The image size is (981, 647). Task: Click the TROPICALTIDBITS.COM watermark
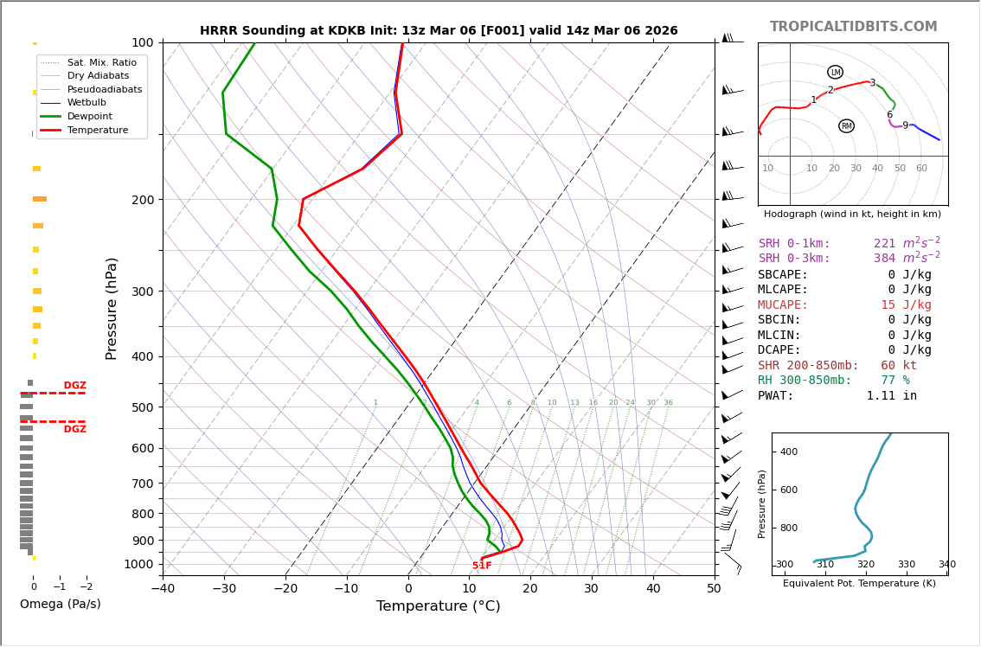853,27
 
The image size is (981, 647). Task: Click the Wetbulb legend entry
86,103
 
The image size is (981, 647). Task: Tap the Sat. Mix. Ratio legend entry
101,63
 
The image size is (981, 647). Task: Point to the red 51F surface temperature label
482,566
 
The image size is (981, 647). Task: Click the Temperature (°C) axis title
438,607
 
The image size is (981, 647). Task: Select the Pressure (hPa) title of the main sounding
112,308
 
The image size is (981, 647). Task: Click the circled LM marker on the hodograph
835,73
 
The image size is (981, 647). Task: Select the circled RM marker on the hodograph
846,126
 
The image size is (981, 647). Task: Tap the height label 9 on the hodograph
905,126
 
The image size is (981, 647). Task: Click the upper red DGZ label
74,386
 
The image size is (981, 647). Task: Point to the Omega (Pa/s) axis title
60,605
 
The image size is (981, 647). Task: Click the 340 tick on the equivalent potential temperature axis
946,565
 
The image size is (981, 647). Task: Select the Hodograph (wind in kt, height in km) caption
852,214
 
